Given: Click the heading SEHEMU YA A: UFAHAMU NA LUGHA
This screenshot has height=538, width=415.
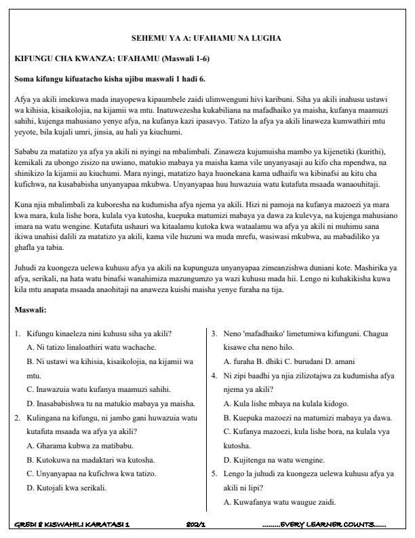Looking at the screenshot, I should point(206,37).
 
